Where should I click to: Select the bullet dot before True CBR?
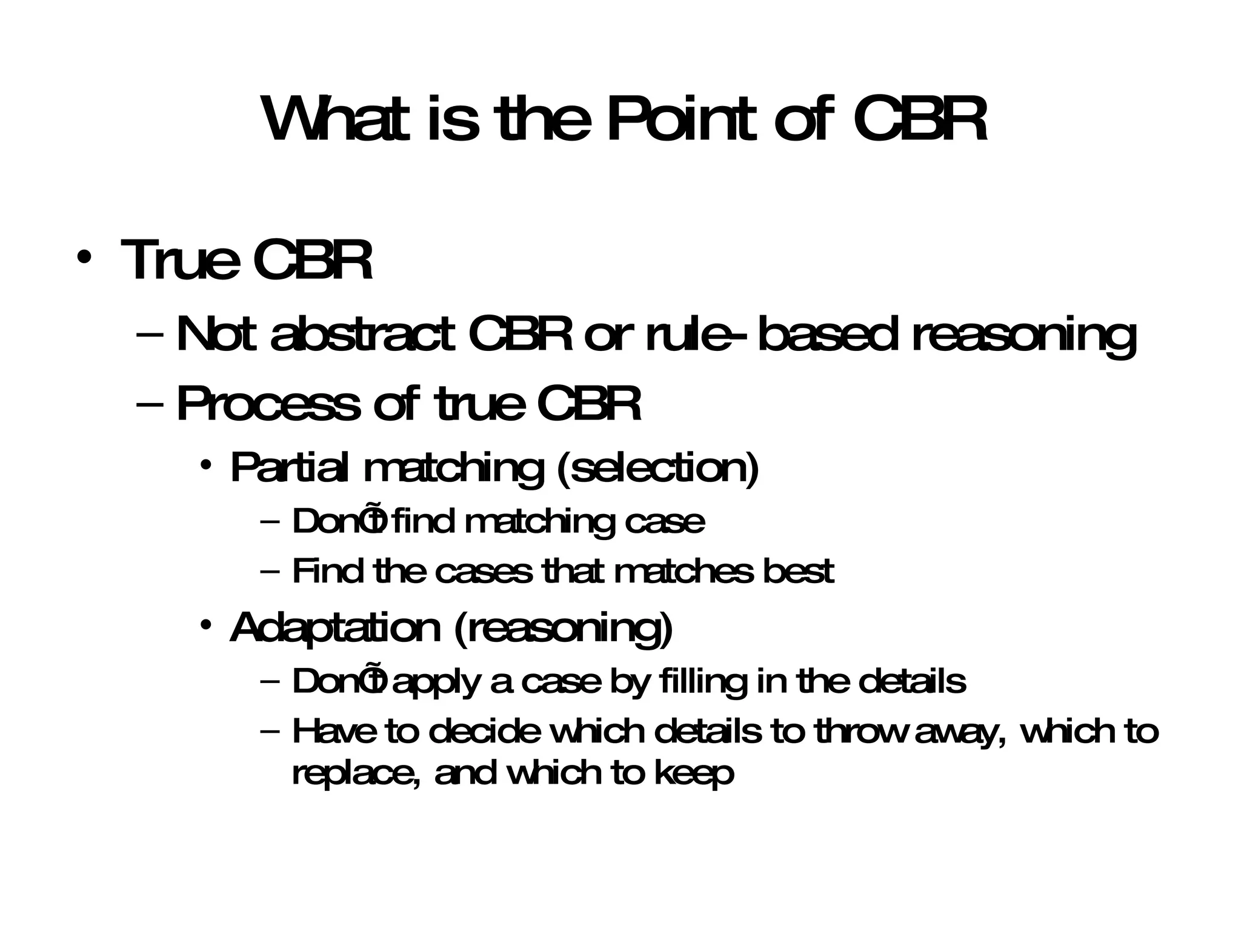coord(84,258)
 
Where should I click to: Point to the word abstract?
coord(362,335)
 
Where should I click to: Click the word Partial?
coord(289,468)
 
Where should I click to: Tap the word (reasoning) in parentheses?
coord(563,629)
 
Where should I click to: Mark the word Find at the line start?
coord(327,571)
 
